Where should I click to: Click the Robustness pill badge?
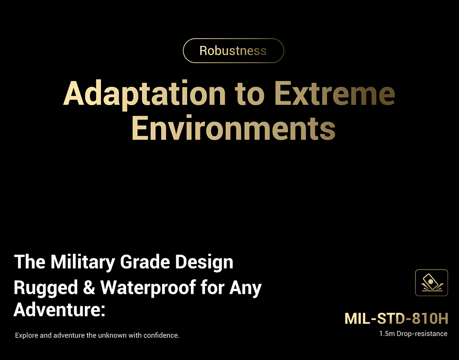[x=233, y=51]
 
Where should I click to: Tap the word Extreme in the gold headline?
[x=335, y=93]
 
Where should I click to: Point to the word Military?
[x=83, y=263]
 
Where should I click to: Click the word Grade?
[x=145, y=262]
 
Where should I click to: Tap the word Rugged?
[x=46, y=288]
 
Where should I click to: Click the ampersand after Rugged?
[x=90, y=287]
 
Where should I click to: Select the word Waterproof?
[x=148, y=288]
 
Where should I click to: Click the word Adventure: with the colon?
[x=59, y=309]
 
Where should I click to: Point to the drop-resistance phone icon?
[x=431, y=283]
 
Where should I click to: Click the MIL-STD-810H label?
[x=397, y=318]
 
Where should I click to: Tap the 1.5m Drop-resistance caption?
[x=414, y=334]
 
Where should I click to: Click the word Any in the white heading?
[x=245, y=288]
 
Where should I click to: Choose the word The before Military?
[x=29, y=262]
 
